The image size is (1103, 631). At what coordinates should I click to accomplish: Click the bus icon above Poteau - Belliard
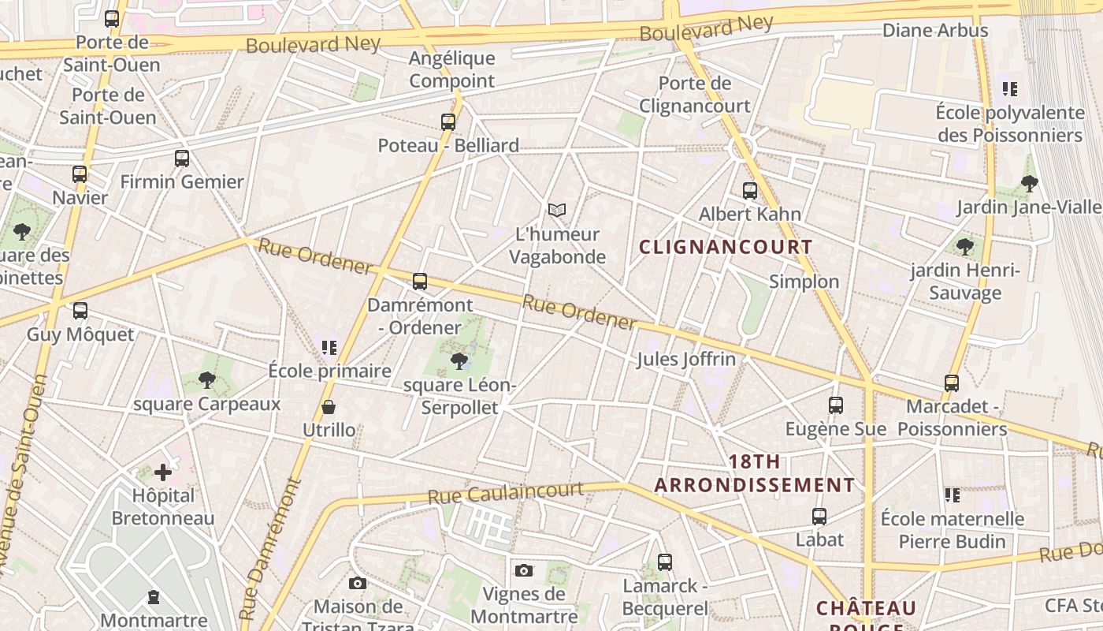pyautogui.click(x=448, y=121)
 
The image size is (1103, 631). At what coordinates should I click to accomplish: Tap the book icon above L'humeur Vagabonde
pyautogui.click(x=557, y=210)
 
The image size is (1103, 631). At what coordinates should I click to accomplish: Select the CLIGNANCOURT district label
pyautogui.click(x=725, y=247)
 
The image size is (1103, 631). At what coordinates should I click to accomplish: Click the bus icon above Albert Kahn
pyautogui.click(x=750, y=190)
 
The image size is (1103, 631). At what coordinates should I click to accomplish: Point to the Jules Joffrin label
pyautogui.click(x=685, y=360)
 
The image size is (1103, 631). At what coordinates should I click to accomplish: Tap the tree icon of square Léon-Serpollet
pyautogui.click(x=459, y=361)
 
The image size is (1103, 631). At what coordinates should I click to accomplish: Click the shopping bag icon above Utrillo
pyautogui.click(x=329, y=407)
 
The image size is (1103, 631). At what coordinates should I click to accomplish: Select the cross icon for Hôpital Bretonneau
pyautogui.click(x=163, y=472)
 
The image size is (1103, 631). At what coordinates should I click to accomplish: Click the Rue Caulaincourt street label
pyautogui.click(x=505, y=494)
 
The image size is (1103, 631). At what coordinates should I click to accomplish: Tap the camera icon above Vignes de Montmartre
pyautogui.click(x=524, y=570)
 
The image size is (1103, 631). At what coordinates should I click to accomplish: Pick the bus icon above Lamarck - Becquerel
pyautogui.click(x=665, y=562)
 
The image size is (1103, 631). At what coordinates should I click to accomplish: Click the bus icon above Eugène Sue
pyautogui.click(x=836, y=405)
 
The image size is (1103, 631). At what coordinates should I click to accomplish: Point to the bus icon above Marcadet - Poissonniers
pyautogui.click(x=952, y=383)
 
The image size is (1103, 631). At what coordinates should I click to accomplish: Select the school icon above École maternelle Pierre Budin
pyautogui.click(x=953, y=495)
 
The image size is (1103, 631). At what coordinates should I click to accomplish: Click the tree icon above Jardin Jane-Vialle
pyautogui.click(x=1029, y=184)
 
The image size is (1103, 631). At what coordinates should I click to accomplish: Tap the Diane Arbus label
pyautogui.click(x=935, y=31)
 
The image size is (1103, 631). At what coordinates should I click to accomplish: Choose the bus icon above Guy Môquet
pyautogui.click(x=80, y=311)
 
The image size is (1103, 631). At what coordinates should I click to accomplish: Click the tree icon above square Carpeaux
pyautogui.click(x=207, y=380)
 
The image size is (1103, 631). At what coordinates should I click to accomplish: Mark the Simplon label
pyautogui.click(x=804, y=282)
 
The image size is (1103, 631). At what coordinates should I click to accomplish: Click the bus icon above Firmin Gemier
pyautogui.click(x=182, y=158)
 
